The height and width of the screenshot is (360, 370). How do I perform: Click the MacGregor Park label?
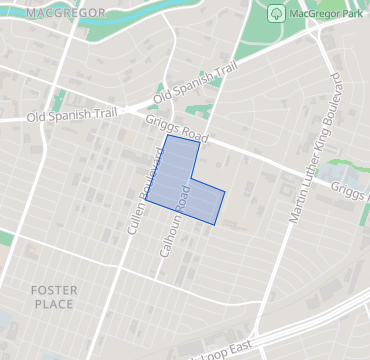coord(322,15)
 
